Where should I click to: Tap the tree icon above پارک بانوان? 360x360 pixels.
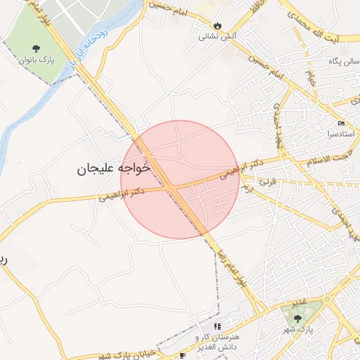click(x=36, y=49)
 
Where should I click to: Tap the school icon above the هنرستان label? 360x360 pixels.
click(x=217, y=327)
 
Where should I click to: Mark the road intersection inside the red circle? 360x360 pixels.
click(x=172, y=188)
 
